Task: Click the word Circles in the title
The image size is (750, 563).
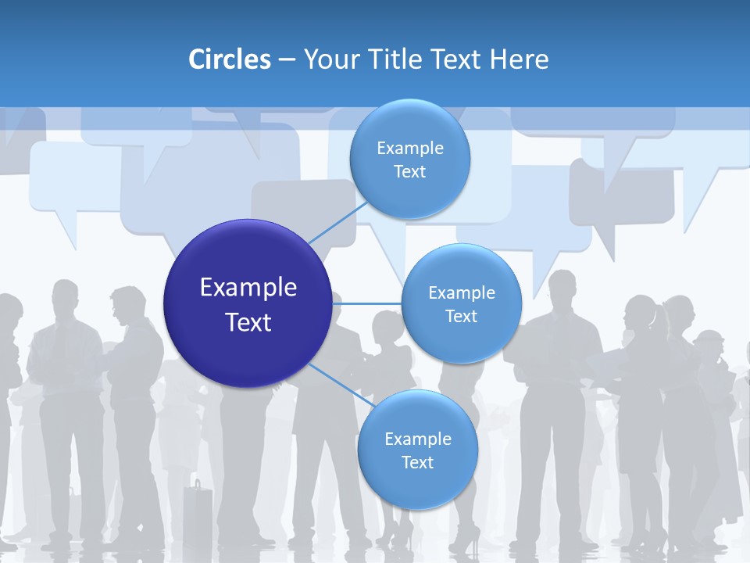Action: tap(229, 59)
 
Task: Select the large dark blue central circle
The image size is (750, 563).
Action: tap(248, 303)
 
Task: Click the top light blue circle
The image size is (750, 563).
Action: tap(409, 159)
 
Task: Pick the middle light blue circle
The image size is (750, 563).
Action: tap(461, 303)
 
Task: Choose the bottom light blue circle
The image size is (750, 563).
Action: tap(417, 450)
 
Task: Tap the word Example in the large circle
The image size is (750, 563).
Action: tap(248, 287)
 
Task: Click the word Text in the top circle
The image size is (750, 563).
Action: tap(409, 171)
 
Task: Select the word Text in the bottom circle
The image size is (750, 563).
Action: tap(417, 462)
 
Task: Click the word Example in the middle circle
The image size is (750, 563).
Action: tap(461, 292)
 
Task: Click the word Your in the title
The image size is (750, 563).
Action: tap(330, 59)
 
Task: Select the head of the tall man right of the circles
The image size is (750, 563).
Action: tap(562, 289)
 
